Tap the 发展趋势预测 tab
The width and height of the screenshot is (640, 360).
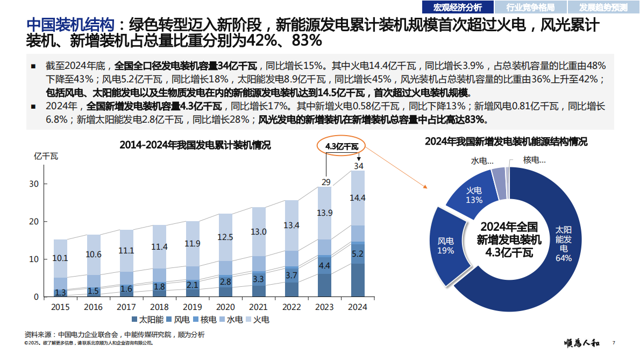(x=603, y=7)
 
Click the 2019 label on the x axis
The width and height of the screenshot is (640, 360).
(x=192, y=307)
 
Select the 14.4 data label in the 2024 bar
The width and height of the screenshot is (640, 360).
(x=358, y=198)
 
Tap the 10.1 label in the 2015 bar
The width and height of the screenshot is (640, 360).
(x=60, y=258)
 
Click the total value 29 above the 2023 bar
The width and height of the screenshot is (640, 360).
(x=326, y=182)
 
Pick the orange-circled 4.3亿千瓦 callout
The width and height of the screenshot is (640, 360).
(x=342, y=146)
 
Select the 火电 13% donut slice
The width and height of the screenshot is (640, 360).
(x=474, y=195)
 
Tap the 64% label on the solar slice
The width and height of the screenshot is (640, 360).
(x=564, y=258)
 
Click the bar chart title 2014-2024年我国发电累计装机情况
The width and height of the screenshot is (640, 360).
(x=195, y=145)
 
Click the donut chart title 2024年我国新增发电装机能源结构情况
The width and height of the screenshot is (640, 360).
(x=506, y=142)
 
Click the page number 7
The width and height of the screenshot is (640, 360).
(x=614, y=343)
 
